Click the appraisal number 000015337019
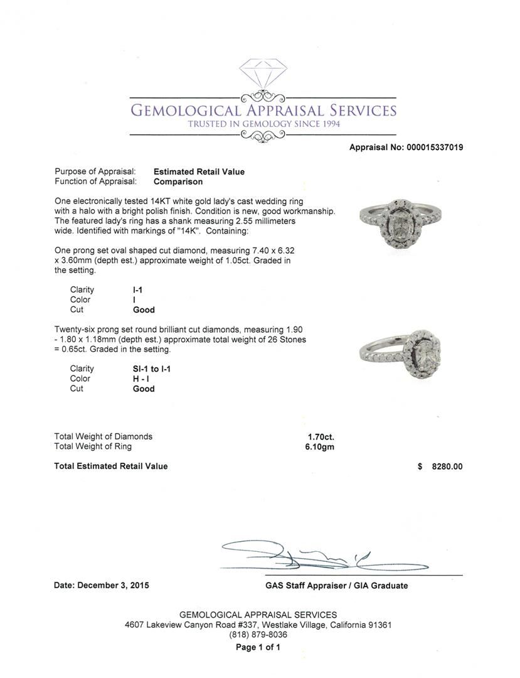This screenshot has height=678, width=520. (x=432, y=148)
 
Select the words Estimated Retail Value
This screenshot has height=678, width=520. (x=199, y=171)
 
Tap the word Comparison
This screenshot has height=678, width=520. (x=178, y=181)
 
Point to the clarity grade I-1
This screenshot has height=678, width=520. (x=137, y=289)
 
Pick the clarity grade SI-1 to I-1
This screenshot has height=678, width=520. (x=152, y=369)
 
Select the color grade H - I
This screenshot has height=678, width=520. (x=142, y=379)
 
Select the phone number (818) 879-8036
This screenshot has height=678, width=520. (x=258, y=635)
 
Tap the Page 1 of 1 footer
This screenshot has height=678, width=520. (x=258, y=647)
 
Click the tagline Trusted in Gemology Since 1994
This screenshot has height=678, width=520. (x=263, y=124)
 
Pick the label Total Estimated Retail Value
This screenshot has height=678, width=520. (x=111, y=466)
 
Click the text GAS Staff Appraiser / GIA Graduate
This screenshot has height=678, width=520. (x=336, y=586)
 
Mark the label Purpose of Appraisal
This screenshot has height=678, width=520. (x=95, y=171)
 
